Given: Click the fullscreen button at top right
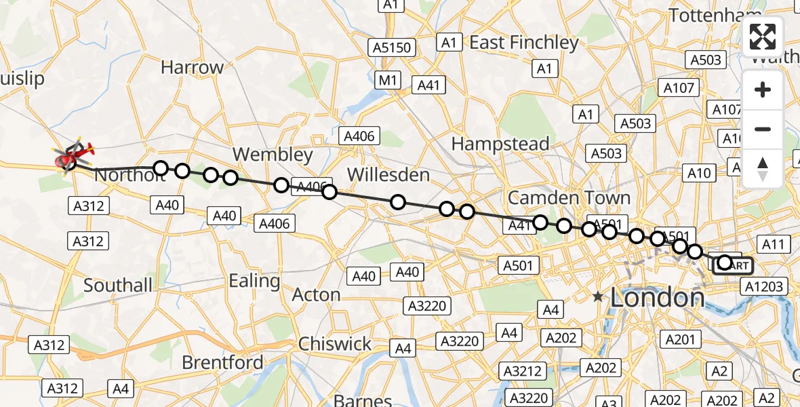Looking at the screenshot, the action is [763, 37].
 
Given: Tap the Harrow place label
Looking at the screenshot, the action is [193, 68].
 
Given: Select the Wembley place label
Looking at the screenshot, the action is [273, 154].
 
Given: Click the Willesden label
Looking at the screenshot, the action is [389, 175].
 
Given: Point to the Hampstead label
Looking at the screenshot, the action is [500, 144].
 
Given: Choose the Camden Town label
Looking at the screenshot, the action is [569, 197].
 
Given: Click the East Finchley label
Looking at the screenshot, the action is [525, 43].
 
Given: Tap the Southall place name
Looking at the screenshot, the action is [118, 285].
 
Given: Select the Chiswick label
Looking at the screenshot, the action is [335, 343].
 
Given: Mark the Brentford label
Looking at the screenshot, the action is [222, 362].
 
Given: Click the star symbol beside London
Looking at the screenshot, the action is [597, 297].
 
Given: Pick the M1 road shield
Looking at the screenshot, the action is [387, 81].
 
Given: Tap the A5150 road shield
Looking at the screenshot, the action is [392, 47].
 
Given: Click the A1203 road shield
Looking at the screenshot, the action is [764, 286].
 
